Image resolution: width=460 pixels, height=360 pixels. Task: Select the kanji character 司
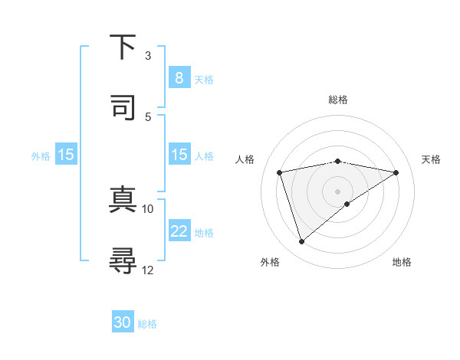(x=123, y=108)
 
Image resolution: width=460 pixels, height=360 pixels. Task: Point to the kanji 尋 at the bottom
(x=123, y=260)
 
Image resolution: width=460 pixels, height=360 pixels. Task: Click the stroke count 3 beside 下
(x=148, y=56)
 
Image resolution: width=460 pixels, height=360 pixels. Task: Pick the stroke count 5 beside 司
(x=148, y=116)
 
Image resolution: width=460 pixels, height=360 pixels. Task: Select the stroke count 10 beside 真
(x=148, y=208)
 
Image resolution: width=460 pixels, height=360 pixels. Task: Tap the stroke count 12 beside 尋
(x=148, y=270)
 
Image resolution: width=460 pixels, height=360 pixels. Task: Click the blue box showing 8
(x=179, y=78)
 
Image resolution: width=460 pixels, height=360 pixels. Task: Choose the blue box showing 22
(x=179, y=231)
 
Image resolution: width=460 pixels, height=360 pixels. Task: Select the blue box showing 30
(x=123, y=322)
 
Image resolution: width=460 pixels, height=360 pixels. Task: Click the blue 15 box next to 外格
(x=66, y=155)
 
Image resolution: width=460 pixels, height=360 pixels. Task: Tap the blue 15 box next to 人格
(x=179, y=155)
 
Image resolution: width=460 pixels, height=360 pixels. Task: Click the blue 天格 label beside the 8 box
(x=204, y=79)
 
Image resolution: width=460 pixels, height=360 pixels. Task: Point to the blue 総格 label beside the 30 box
(x=147, y=324)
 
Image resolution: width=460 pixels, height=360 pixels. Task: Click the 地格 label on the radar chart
(x=402, y=262)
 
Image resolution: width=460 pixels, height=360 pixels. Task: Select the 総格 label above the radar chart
(x=337, y=100)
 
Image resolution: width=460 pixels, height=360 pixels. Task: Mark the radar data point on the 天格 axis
(x=396, y=172)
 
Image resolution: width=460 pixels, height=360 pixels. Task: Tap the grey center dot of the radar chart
(x=337, y=191)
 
